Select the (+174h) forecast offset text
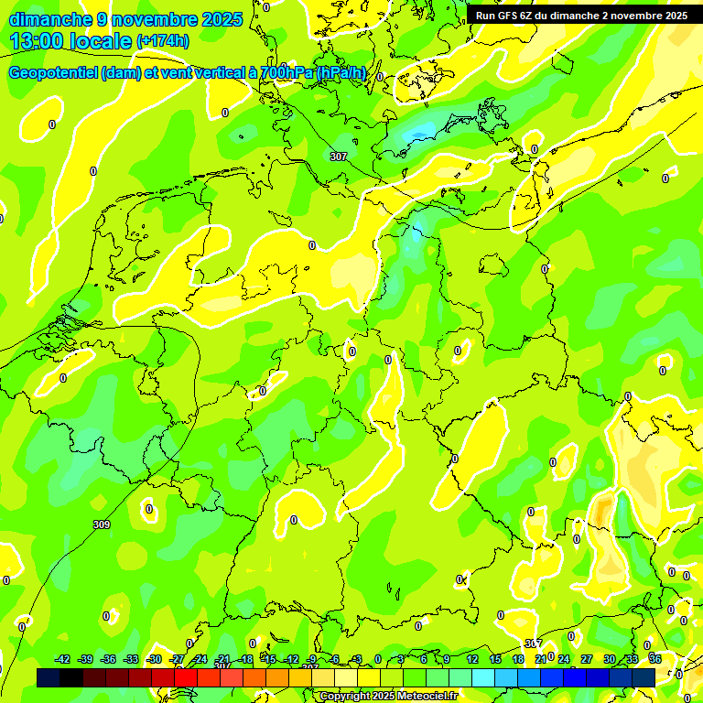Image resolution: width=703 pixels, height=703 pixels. [x=163, y=41]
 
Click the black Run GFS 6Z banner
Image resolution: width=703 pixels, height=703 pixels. [x=581, y=15]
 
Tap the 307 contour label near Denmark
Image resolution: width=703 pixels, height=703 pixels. [x=338, y=157]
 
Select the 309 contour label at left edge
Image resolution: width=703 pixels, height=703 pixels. [x=102, y=525]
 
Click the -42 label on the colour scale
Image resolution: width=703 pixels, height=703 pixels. [x=62, y=659]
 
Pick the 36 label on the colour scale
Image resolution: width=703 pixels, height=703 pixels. [x=654, y=659]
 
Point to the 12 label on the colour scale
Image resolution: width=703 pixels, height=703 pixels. [x=471, y=659]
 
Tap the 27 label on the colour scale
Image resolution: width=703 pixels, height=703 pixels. [x=586, y=659]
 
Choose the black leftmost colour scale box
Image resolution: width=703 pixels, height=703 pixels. [x=49, y=676]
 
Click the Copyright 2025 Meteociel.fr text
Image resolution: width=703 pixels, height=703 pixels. [x=388, y=697]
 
